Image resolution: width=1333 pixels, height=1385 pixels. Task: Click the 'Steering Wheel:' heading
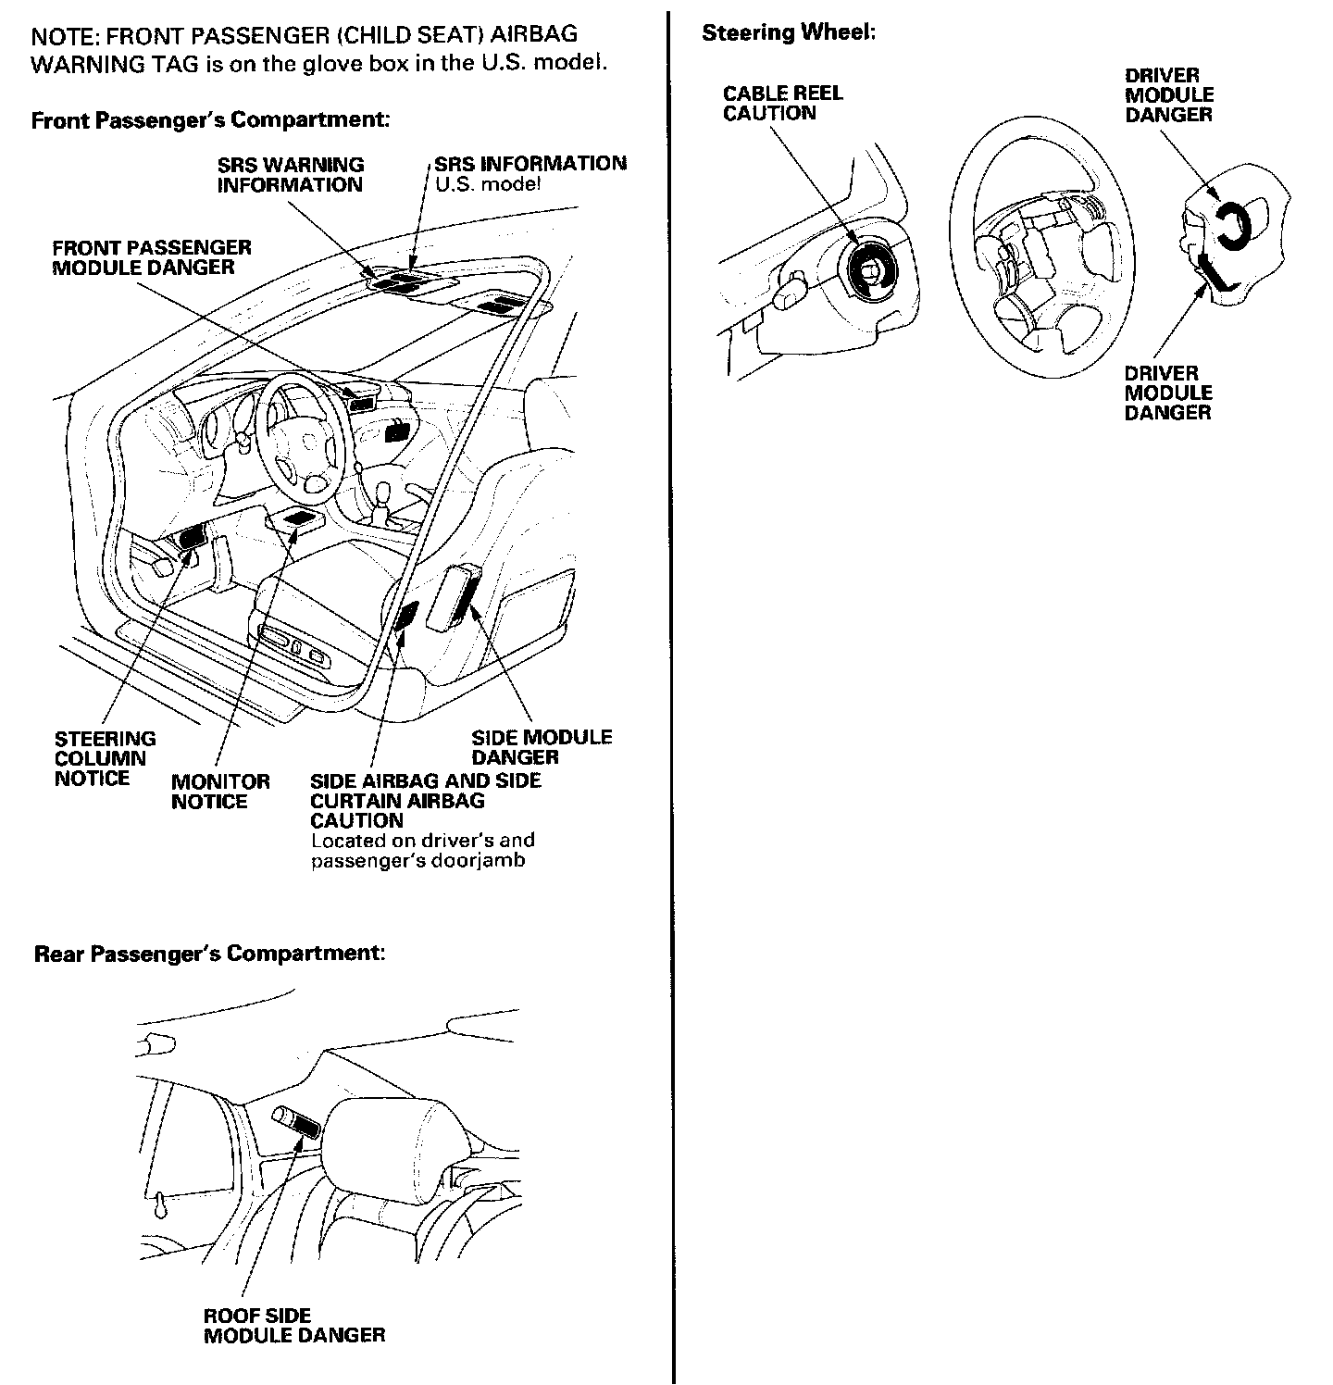pyautogui.click(x=788, y=33)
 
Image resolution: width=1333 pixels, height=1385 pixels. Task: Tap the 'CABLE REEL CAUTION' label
pyautogui.click(x=782, y=103)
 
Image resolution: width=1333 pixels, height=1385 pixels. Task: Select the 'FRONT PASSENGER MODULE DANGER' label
pyautogui.click(x=152, y=257)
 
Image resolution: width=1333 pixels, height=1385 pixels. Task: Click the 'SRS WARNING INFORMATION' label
pyautogui.click(x=290, y=174)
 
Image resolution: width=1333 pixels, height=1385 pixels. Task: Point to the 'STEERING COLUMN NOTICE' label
pyautogui.click(x=105, y=758)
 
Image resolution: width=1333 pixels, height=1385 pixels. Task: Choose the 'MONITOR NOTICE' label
pyautogui.click(x=220, y=792)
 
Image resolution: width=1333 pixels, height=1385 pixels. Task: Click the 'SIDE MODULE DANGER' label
pyautogui.click(x=541, y=747)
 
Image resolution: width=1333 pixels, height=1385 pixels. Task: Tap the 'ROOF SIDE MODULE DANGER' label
pyautogui.click(x=293, y=1325)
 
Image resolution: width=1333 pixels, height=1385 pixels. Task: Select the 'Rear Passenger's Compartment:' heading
pyautogui.click(x=209, y=954)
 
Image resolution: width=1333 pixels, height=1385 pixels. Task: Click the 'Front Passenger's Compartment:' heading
pyautogui.click(x=209, y=120)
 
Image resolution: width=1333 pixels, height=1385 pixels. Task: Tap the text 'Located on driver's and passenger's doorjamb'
pyautogui.click(x=422, y=851)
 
